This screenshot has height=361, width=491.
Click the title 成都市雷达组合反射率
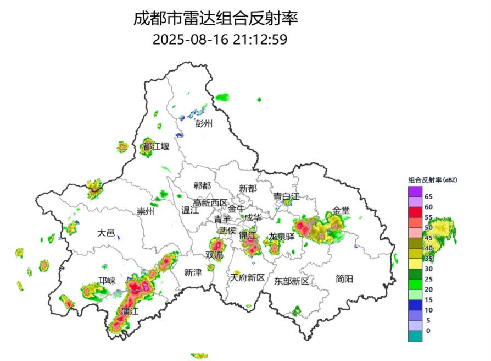216,18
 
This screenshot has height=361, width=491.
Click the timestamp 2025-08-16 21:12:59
220,40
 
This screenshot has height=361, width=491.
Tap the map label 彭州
204,124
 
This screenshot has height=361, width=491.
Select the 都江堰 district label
156,146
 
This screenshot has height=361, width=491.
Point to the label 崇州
146,211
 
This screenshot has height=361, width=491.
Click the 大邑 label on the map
106,233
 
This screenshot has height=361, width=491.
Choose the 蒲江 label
131,311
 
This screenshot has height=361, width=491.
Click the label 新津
193,272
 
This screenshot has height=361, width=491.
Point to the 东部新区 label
292,281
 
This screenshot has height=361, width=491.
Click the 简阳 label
344,279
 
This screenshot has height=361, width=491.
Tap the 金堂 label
341,210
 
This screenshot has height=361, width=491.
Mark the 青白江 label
287,196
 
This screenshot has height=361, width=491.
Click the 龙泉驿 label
282,237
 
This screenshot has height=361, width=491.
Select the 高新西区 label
209,203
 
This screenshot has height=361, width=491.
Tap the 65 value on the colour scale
429,196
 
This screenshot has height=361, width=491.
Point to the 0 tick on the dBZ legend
428,331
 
